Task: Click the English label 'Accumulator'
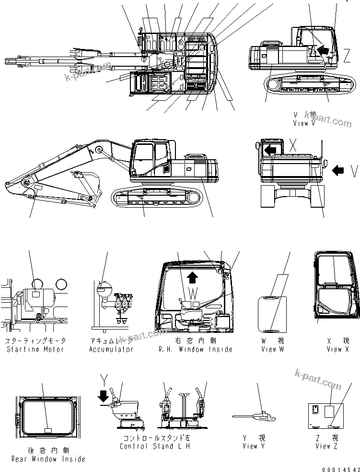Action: [x=111, y=349]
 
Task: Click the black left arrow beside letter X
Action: [x=270, y=150]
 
